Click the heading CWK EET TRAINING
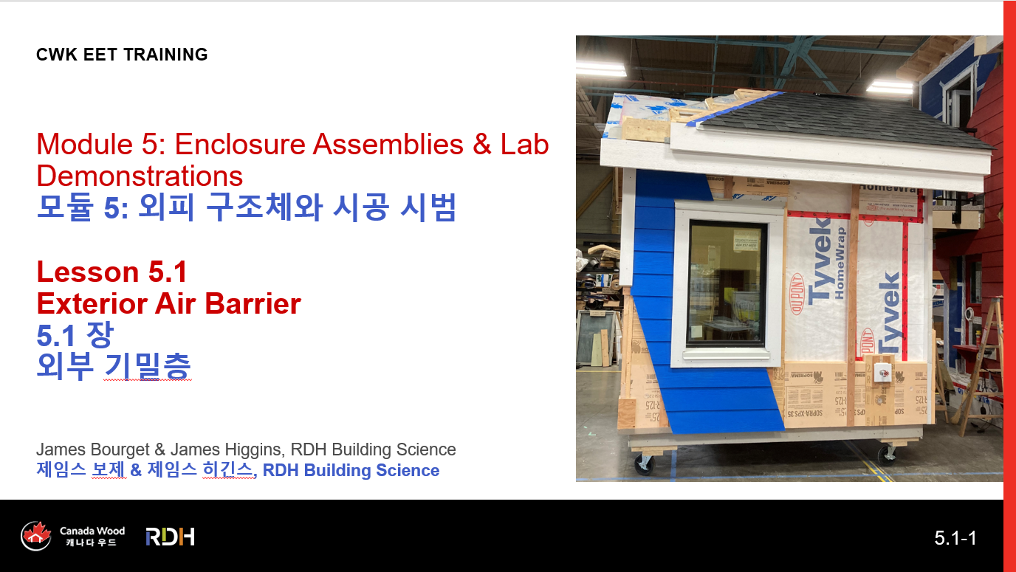coord(122,55)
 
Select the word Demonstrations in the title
coord(140,176)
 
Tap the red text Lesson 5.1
coord(111,272)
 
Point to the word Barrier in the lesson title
coord(253,303)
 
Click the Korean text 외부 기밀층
coord(114,366)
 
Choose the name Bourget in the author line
coord(120,449)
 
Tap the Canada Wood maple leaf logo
coord(36,536)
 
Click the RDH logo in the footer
coord(170,537)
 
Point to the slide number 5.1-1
coord(955,538)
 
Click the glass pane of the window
coord(725,283)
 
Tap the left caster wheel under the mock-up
coord(645,464)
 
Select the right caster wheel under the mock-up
coord(888,455)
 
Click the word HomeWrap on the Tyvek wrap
coord(840,263)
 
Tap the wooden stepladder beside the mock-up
coord(980,362)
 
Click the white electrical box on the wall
coord(882,373)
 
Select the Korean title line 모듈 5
coord(247,207)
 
